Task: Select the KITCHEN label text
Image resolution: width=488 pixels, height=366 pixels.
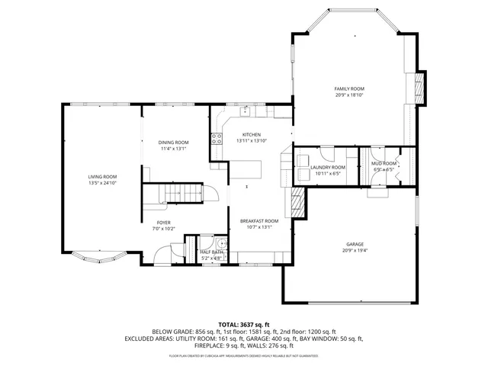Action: (x=252, y=135)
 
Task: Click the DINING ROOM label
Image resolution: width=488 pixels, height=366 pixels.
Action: (x=173, y=143)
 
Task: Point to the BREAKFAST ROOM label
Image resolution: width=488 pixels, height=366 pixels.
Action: (x=259, y=221)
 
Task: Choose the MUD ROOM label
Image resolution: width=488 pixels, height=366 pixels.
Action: (x=384, y=163)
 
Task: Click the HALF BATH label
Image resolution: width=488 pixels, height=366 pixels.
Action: (x=211, y=252)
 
